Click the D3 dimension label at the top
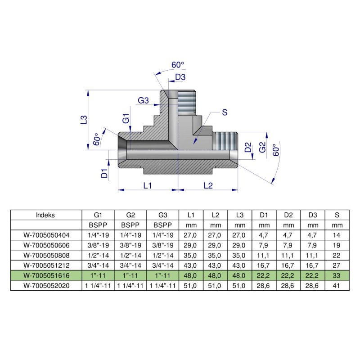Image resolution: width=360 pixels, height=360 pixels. click(x=180, y=77)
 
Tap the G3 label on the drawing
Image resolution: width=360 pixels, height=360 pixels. click(x=144, y=100)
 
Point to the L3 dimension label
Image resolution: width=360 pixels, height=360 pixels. click(x=83, y=120)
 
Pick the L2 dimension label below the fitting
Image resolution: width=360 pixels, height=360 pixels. click(x=207, y=185)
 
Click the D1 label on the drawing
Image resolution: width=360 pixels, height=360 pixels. click(x=104, y=173)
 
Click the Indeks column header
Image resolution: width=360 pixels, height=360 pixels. click(x=45, y=215)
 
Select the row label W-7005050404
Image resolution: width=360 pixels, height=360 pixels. click(x=46, y=234)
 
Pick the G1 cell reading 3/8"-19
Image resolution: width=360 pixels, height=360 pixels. click(x=98, y=244)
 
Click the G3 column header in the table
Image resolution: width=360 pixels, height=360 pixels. click(x=163, y=215)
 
